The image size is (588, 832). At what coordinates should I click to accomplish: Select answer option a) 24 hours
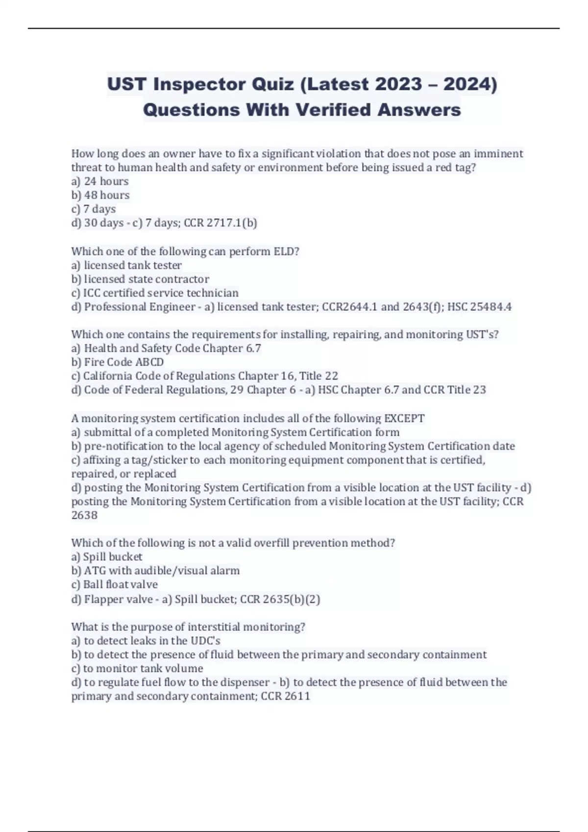(x=100, y=181)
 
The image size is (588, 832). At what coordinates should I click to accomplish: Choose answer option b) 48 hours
(x=100, y=195)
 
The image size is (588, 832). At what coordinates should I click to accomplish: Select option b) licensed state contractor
(x=140, y=279)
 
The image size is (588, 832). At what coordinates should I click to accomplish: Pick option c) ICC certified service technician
(x=155, y=293)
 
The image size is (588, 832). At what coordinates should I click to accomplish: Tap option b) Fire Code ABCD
(x=118, y=362)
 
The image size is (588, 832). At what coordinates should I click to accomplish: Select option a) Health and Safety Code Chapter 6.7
(x=166, y=348)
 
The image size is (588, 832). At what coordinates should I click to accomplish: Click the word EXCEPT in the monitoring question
(x=404, y=418)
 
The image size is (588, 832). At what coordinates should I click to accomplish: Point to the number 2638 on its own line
(x=84, y=515)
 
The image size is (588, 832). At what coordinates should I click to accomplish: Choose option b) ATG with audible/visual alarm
(x=155, y=571)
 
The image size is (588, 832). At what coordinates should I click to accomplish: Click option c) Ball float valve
(x=115, y=584)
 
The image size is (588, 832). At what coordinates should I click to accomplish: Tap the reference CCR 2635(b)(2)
(x=280, y=599)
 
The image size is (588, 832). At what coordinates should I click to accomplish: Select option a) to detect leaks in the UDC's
(x=146, y=641)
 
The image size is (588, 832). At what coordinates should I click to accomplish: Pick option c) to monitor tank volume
(x=137, y=669)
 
